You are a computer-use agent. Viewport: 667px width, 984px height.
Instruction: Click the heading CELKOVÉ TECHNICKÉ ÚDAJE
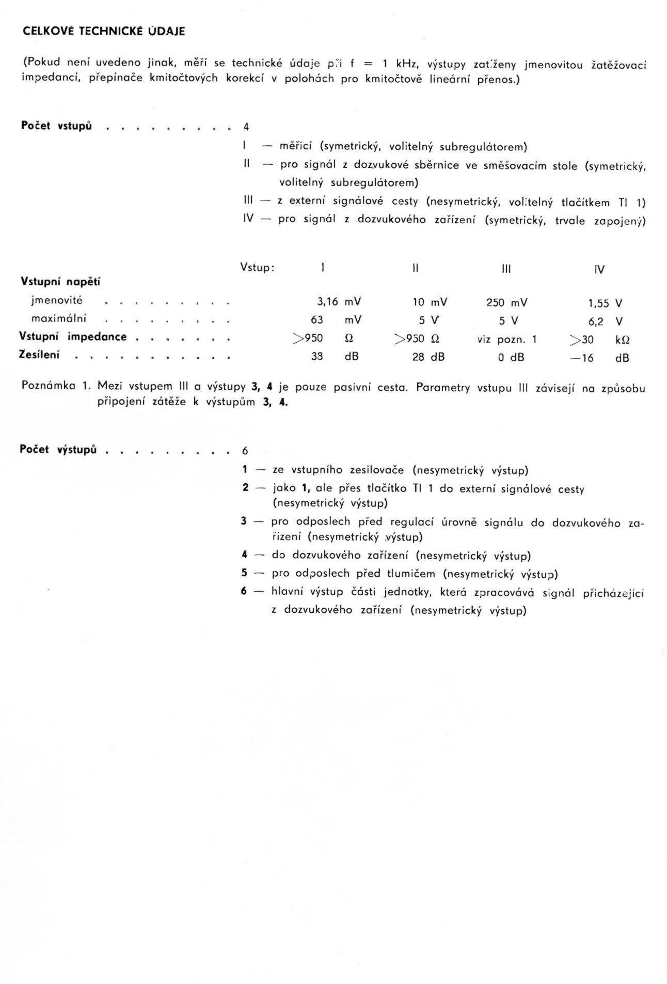click(104, 32)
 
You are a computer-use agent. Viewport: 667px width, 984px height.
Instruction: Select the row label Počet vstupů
click(57, 126)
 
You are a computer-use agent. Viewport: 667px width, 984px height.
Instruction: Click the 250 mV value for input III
click(507, 303)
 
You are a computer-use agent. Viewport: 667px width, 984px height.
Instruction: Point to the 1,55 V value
click(605, 304)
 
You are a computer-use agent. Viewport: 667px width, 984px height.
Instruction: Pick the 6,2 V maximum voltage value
click(605, 321)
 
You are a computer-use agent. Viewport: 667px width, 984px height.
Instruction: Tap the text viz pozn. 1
click(507, 340)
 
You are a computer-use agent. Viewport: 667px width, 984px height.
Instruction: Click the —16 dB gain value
click(599, 358)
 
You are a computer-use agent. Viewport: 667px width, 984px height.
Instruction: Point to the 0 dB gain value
click(511, 357)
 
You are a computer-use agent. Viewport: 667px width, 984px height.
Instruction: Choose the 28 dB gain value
click(428, 357)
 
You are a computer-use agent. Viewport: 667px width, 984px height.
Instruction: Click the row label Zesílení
click(40, 355)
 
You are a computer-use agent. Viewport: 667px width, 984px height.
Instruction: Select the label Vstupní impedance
click(73, 336)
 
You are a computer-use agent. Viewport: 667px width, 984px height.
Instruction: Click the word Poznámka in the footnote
click(49, 386)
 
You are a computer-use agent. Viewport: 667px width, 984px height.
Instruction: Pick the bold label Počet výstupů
click(58, 449)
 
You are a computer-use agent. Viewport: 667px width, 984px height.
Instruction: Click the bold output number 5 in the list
click(245, 573)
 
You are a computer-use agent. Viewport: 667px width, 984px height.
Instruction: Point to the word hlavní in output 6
click(287, 591)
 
